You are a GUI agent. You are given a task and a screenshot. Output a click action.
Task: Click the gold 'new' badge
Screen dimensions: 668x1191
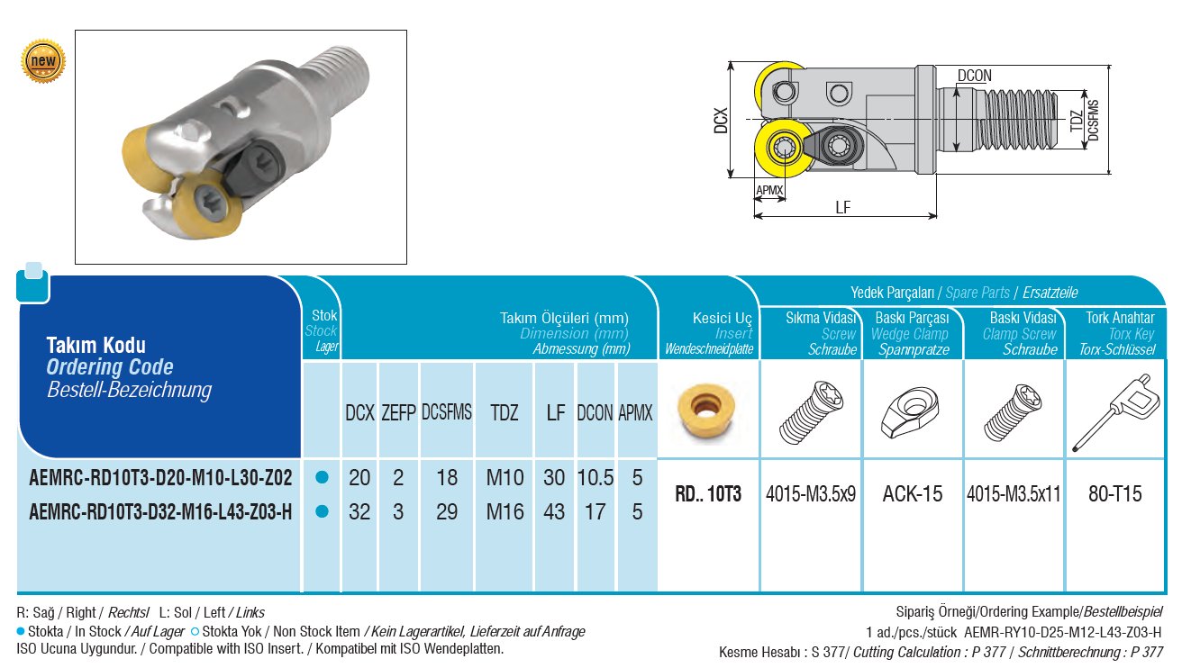coord(43,61)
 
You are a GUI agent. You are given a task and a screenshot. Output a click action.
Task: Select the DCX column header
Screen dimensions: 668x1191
coord(359,413)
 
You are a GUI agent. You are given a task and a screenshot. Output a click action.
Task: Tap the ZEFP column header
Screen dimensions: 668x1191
coord(398,413)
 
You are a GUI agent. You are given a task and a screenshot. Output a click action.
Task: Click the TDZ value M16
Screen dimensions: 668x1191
coord(505,511)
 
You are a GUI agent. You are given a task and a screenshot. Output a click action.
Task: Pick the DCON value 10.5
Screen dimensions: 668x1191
coord(595,478)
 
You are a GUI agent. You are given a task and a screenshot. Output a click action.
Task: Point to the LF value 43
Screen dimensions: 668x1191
coord(554,511)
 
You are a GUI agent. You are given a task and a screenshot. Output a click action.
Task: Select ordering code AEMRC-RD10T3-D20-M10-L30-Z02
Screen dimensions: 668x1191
coord(160,478)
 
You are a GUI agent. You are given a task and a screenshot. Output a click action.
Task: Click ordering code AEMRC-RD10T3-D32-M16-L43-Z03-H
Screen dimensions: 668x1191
coord(160,512)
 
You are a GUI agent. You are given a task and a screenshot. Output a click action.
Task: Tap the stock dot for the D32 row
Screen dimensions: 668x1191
coord(322,511)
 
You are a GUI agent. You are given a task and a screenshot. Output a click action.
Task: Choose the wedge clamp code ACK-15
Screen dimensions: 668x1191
coord(913,493)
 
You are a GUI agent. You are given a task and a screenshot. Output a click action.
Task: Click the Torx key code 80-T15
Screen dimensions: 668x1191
coord(1116,493)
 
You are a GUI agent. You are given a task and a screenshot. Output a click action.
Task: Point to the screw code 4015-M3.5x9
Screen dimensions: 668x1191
coord(811,493)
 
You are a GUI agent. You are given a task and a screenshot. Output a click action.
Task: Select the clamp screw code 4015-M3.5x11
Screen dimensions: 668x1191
coord(1014,493)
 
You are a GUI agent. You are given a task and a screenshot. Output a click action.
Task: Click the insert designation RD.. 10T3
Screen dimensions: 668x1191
coord(709,493)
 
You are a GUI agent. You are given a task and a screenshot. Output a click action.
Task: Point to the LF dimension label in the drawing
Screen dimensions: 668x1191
coord(843,207)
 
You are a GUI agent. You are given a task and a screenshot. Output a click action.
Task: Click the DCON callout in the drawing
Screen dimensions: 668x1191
coord(974,77)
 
